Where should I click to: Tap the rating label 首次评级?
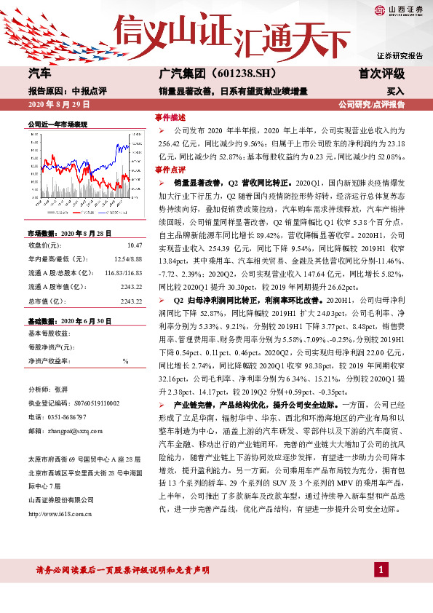coord(381,74)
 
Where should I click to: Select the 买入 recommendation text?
coord(395,92)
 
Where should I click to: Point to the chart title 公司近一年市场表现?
coord(57,124)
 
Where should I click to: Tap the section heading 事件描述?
coord(170,116)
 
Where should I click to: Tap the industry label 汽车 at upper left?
coord(39,74)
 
